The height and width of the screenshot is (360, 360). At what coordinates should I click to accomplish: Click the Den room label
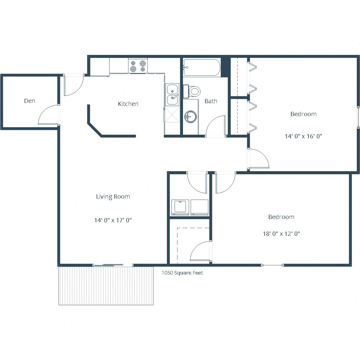tap(29, 101)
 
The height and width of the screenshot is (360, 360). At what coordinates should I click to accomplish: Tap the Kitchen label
tap(128, 104)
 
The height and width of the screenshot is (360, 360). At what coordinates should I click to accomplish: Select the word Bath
tap(211, 101)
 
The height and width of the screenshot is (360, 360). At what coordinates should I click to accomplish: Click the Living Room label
tap(113, 196)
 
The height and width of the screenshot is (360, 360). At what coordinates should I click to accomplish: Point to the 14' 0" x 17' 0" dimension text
tap(113, 220)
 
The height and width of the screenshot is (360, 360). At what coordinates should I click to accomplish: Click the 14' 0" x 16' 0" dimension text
tap(303, 136)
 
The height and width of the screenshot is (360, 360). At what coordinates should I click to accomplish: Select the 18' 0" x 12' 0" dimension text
tap(281, 234)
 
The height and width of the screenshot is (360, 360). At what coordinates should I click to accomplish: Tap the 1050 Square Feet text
tap(182, 273)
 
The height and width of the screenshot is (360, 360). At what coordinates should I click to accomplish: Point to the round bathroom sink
tap(190, 116)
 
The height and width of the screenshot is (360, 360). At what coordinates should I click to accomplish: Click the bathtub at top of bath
tap(202, 67)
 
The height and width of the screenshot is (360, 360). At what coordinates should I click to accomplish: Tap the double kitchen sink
tap(172, 94)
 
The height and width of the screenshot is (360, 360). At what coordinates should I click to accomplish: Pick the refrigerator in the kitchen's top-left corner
tap(100, 67)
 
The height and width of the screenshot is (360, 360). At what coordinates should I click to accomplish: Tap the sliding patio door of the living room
tap(108, 265)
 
